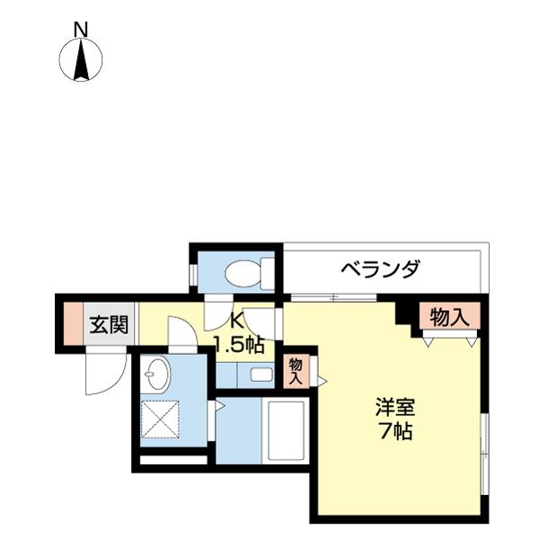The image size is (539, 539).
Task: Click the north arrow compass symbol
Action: pyautogui.click(x=81, y=61)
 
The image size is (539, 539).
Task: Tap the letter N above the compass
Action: pyautogui.click(x=81, y=28)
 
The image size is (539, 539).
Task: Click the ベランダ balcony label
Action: pyautogui.click(x=380, y=269)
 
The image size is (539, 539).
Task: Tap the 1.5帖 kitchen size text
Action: pyautogui.click(x=238, y=344)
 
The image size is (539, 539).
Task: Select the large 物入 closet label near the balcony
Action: pyautogui.click(x=448, y=316)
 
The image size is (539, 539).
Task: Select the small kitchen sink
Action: pyautogui.click(x=261, y=375)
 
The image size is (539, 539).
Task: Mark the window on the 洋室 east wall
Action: pyautogui.click(x=483, y=445)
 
